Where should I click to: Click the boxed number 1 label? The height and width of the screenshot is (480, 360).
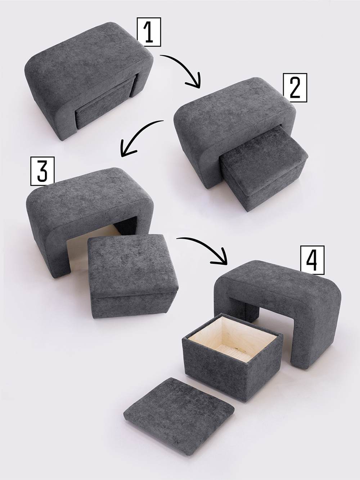(149, 32)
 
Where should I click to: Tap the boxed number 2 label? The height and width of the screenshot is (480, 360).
(295, 88)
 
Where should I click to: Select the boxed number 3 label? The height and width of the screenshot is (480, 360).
(42, 171)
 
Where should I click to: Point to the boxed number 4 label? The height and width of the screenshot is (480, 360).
(312, 260)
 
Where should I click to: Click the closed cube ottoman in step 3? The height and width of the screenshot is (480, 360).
(133, 276)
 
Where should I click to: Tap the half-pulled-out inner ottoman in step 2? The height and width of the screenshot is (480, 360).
(264, 169)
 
